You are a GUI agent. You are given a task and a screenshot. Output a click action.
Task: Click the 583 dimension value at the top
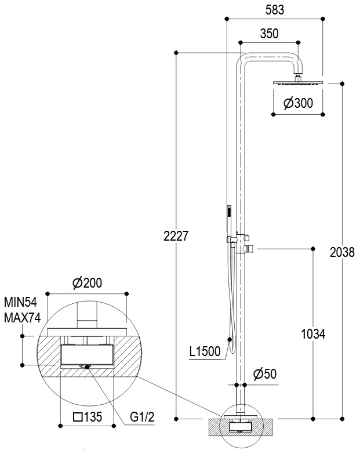click(275, 9)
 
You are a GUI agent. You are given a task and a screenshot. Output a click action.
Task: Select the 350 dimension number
click(269, 34)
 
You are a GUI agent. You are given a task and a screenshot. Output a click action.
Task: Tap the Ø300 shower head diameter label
click(298, 103)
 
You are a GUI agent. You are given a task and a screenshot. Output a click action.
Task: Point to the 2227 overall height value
click(176, 236)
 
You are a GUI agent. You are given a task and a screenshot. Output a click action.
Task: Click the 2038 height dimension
click(342, 252)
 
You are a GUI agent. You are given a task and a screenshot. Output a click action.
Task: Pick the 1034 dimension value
click(313, 334)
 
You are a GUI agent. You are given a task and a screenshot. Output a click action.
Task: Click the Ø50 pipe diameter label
click(265, 373)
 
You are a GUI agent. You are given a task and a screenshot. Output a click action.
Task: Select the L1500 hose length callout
click(205, 351)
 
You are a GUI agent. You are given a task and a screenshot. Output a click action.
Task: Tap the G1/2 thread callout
click(142, 417)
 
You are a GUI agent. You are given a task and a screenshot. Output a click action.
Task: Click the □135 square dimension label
click(88, 417)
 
